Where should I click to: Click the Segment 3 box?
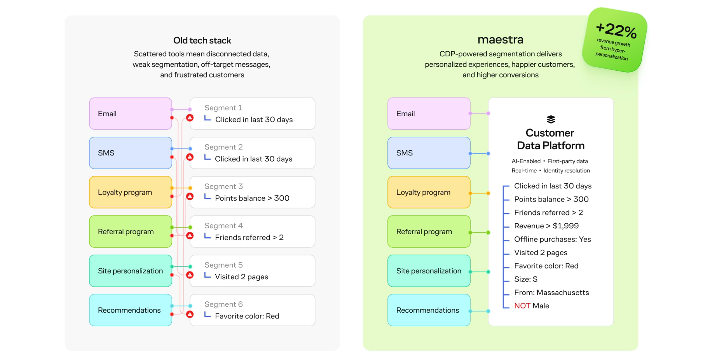click(252, 192)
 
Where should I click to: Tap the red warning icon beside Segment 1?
click(190, 118)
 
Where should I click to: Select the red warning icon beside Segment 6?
click(190, 314)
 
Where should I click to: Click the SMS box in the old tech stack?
click(131, 153)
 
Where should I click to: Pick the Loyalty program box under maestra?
click(429, 192)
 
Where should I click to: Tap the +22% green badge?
click(614, 40)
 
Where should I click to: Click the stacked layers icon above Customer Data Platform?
click(551, 119)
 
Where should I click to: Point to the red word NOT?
click(522, 306)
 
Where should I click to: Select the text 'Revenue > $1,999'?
click(546, 226)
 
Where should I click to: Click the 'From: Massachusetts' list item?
click(551, 292)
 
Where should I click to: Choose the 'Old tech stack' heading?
click(202, 40)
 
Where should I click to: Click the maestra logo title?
click(501, 40)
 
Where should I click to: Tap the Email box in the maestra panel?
click(429, 114)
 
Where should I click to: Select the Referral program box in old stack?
click(131, 231)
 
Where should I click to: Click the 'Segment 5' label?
click(223, 265)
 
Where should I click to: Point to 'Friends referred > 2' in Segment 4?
click(249, 237)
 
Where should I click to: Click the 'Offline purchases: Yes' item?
click(552, 239)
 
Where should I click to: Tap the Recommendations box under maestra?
click(429, 310)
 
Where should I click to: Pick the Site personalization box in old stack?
click(131, 271)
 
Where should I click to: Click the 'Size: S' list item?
click(526, 279)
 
